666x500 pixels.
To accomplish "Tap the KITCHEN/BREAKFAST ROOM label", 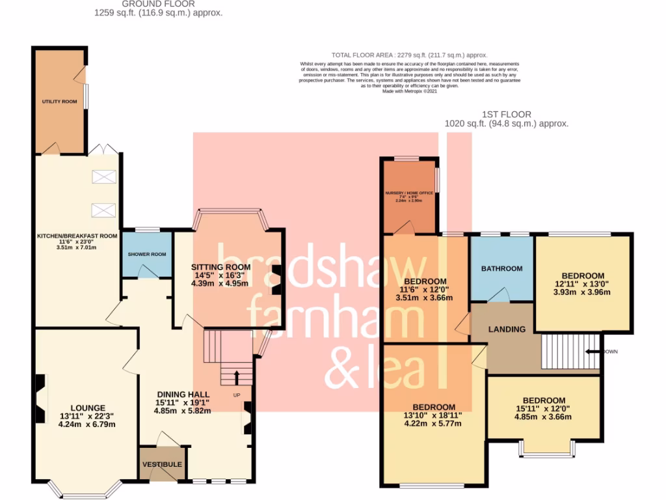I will click(77, 236).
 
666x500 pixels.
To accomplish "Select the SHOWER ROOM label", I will click(147, 254).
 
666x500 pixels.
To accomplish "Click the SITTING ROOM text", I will click(220, 267).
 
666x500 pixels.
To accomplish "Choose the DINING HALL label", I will click(183, 395).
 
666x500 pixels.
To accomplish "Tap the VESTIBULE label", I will click(163, 465).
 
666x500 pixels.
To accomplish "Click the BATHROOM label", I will click(501, 268).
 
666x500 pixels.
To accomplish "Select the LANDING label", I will click(507, 329).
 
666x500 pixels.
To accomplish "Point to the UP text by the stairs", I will click(237, 395).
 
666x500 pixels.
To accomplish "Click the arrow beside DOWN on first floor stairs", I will click(593, 352).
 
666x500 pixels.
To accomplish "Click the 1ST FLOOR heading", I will click(506, 113).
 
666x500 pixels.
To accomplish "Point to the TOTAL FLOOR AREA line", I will click(409, 55).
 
